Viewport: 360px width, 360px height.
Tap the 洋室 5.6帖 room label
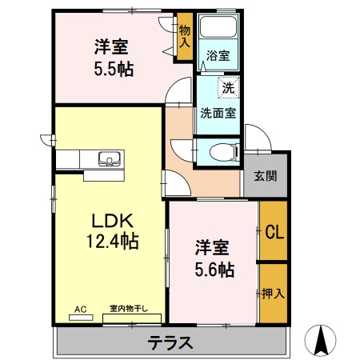click(214, 258)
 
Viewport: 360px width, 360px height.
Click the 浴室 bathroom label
click(218, 55)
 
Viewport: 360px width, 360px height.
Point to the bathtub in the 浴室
click(217, 30)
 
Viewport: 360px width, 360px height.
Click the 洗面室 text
click(218, 113)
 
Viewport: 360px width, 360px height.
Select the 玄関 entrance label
click(266, 176)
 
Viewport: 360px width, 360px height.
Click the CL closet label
click(274, 232)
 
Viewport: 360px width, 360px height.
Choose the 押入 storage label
click(273, 293)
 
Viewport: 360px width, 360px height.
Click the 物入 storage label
click(184, 36)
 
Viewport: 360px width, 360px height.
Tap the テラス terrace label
click(170, 342)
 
